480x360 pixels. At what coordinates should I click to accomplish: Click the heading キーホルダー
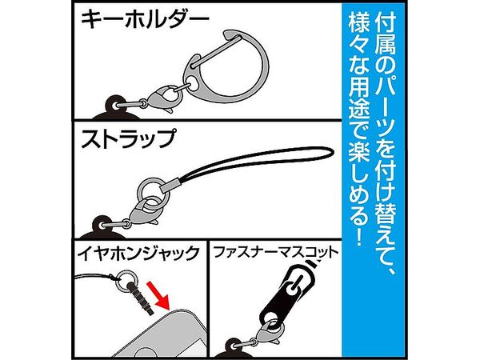[x=145, y=19]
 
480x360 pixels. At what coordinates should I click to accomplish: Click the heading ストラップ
[x=129, y=138]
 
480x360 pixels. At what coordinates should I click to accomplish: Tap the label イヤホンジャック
[x=138, y=254]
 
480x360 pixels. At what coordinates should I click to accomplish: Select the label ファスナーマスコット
[x=276, y=253]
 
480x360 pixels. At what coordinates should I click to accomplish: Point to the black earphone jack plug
[x=142, y=299]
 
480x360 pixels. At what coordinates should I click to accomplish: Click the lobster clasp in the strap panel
[x=144, y=211]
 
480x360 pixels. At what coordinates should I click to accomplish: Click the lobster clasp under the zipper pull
[x=268, y=331]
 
